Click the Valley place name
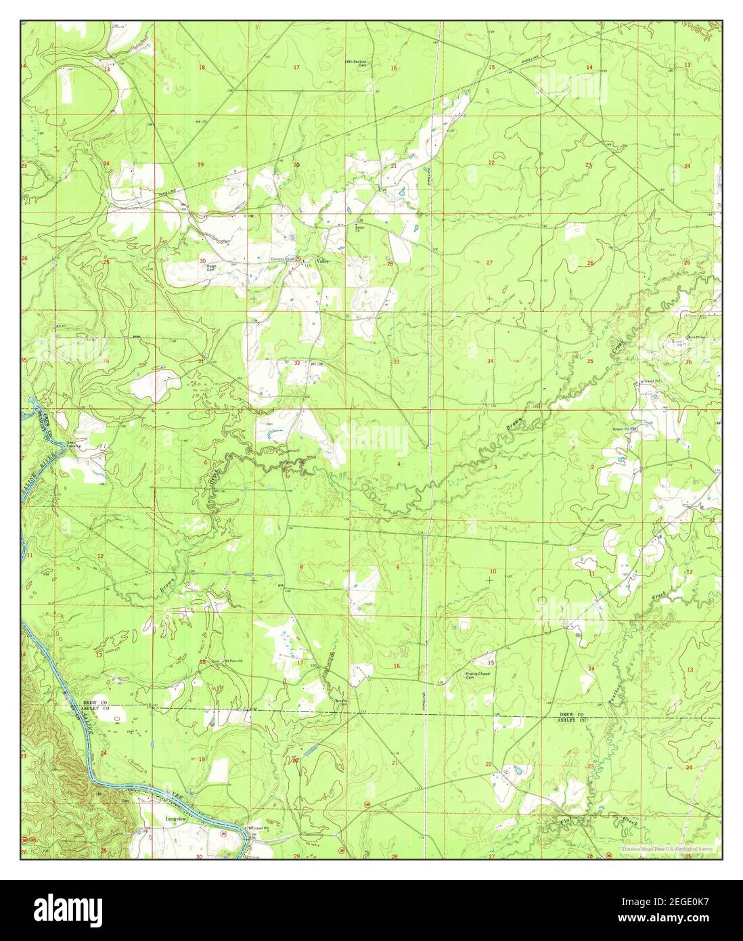coord(312,261)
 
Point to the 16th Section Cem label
coord(355,64)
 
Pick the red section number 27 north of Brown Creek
coord(489,262)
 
